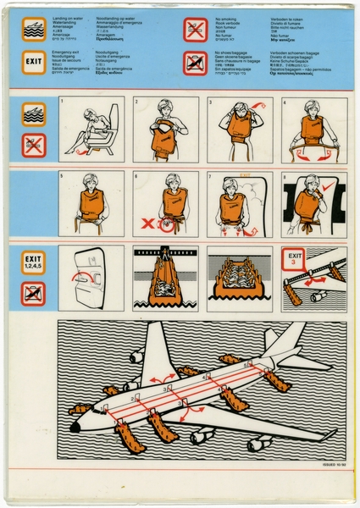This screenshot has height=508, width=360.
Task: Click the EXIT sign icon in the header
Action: point(34,62)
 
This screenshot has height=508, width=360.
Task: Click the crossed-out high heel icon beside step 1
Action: point(34,145)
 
